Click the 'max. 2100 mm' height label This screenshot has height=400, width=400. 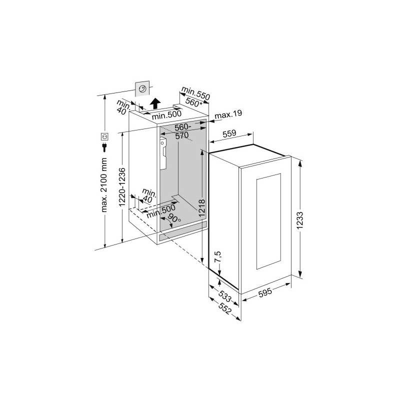pyautogui.click(x=104, y=185)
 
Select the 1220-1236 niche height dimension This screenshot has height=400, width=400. pyautogui.click(x=122, y=187)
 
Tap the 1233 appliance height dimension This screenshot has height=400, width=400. pyautogui.click(x=300, y=220)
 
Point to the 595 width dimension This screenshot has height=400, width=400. pyautogui.click(x=265, y=292)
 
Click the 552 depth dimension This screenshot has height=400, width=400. pyautogui.click(x=224, y=309)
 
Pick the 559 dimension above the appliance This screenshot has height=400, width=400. pyautogui.click(x=229, y=133)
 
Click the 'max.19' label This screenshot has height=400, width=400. pyautogui.click(x=228, y=114)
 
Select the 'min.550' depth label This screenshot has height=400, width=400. pyautogui.click(x=195, y=93)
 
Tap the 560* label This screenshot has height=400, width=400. pyautogui.click(x=194, y=102)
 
